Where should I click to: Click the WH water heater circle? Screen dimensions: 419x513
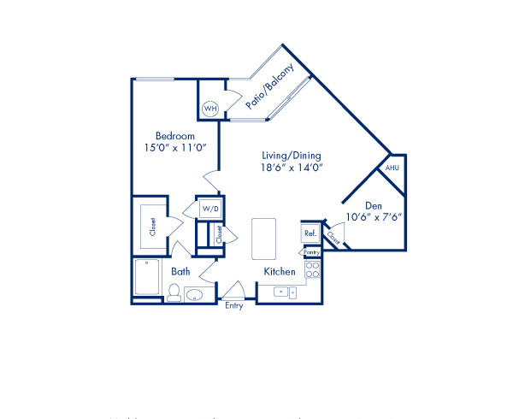pos(209,109)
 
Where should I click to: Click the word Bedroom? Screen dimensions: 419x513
pos(174,137)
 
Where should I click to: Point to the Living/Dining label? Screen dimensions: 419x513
pos(292,156)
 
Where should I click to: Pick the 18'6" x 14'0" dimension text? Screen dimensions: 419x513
pos(292,168)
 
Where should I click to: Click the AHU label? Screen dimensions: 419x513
pos(392,168)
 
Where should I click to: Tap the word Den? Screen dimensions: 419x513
pos(373,205)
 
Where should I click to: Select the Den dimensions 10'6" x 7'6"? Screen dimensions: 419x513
pos(373,217)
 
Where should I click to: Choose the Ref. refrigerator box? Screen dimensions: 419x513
pos(310,233)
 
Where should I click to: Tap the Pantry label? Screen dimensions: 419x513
pos(311,252)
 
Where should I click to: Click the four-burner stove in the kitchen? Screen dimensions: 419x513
pos(313,271)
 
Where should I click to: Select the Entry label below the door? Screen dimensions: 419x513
pos(233,306)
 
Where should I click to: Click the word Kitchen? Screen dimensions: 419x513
pos(280,272)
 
